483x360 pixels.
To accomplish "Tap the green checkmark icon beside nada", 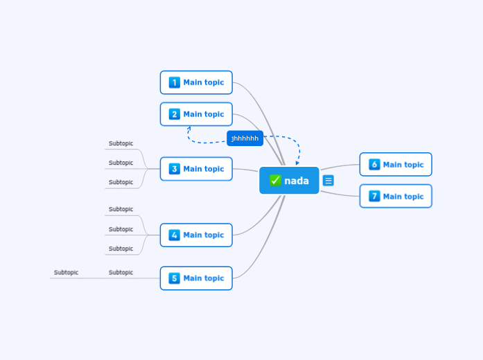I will pos(275,181).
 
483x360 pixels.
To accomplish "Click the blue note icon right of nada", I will pos(328,181).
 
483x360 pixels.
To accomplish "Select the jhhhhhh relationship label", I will pos(245,138).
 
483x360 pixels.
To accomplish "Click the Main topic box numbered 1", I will pos(196,82).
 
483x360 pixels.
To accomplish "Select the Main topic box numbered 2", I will pos(196,114).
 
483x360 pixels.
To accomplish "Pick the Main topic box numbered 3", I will pos(196,169).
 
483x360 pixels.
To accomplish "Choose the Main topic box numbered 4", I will pos(196,235).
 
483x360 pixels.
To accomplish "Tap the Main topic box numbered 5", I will pos(196,278).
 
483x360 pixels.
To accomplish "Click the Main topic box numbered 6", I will pos(396,165).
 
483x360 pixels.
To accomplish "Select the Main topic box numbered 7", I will pos(396,197).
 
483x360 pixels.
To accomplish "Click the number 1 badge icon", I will pos(174,82).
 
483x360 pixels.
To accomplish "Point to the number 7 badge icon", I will pos(374,197).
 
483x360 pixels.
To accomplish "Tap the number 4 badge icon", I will pos(174,235).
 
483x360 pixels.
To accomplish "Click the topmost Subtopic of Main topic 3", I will pos(121,144).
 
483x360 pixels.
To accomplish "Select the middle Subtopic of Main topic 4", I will pos(121,229).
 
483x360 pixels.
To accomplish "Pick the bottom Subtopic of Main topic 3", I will pos(121,183).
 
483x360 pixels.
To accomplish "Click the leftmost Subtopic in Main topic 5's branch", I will pos(66,273).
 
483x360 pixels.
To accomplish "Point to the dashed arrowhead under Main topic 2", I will pos(188,128).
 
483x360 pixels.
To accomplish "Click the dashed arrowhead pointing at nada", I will pos(297,163).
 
